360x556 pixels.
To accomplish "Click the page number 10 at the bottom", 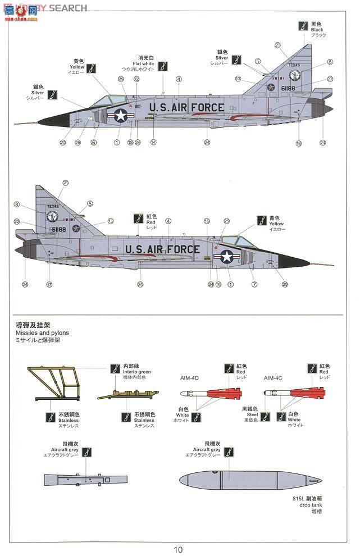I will [x=178, y=549].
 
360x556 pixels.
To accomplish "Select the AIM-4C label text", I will [x=274, y=378].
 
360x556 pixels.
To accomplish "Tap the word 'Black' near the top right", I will [x=317, y=30].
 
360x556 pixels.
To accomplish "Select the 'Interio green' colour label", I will [x=136, y=371].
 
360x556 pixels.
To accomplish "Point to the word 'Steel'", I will [x=249, y=414].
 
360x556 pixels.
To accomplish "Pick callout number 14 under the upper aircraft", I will [x=153, y=143].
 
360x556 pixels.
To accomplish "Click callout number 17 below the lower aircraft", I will [x=49, y=284].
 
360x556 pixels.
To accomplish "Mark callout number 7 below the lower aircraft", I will [x=254, y=284].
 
